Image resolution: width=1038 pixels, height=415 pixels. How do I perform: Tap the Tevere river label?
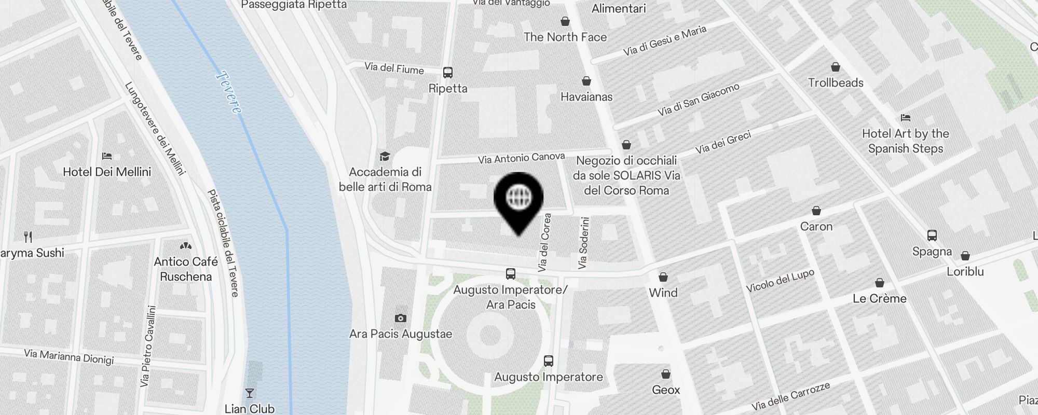[229, 92]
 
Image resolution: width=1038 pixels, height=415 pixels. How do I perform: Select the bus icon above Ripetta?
[448, 73]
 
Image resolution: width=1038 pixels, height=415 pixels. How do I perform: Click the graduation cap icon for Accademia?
[385, 156]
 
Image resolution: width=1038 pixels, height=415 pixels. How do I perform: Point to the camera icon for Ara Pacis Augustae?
[400, 318]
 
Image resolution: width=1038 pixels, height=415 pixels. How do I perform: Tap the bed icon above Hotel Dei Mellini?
[107, 156]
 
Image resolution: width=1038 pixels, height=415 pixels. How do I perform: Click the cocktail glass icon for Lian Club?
[250, 393]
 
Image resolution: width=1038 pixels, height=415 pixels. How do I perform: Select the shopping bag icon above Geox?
[665, 374]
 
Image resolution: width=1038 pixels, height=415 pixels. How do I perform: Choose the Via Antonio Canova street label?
[521, 158]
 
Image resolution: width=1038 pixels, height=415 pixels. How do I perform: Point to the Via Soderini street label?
[584, 242]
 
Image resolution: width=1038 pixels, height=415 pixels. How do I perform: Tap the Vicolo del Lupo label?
[780, 281]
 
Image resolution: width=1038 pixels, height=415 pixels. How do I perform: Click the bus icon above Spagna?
[932, 236]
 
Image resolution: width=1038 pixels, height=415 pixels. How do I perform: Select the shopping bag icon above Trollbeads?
[836, 67]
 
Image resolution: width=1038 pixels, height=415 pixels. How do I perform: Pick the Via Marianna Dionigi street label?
[69, 356]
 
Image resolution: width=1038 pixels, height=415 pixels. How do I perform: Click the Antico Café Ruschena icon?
[185, 246]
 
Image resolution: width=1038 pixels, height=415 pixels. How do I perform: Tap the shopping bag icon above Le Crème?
[880, 283]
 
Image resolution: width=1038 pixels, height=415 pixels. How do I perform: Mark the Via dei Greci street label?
[723, 143]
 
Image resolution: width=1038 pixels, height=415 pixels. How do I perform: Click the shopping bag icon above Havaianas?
[586, 81]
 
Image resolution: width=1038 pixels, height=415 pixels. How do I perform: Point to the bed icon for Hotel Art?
[906, 118]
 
